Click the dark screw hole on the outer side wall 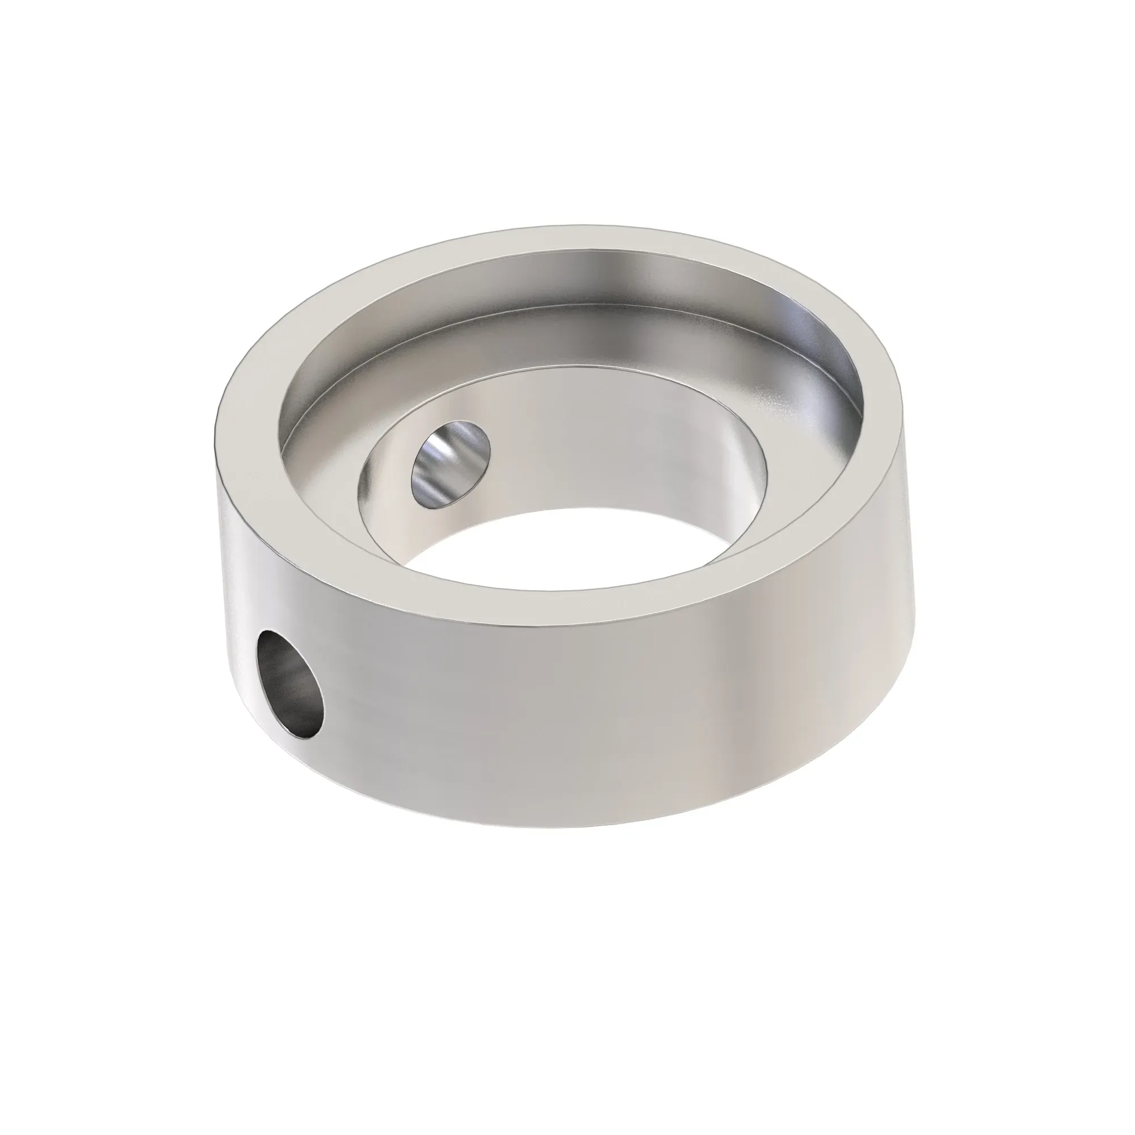pyautogui.click(x=290, y=683)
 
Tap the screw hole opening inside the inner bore pyautogui.click(x=451, y=453)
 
